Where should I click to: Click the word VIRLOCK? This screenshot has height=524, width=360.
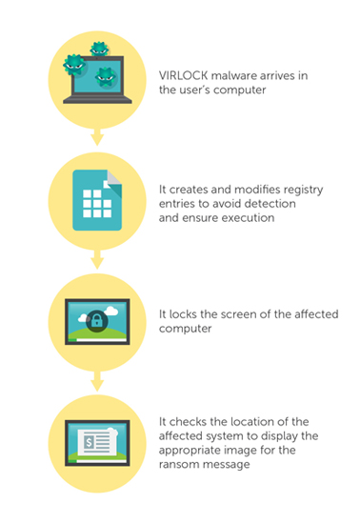183,75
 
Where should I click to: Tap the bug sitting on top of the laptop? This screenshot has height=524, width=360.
99,50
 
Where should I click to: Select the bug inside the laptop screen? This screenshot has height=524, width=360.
106,77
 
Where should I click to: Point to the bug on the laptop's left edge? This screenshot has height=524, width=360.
73,65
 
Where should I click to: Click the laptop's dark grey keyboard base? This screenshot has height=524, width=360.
97,100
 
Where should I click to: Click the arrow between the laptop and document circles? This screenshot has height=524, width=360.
97,137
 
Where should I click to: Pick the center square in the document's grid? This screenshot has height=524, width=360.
97,204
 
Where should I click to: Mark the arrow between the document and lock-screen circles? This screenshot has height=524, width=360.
97,259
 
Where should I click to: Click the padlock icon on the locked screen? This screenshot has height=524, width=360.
97,321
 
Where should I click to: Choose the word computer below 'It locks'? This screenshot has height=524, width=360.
185,329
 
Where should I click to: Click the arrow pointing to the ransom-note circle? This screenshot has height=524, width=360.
97,381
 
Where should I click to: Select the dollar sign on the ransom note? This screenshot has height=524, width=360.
89,442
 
